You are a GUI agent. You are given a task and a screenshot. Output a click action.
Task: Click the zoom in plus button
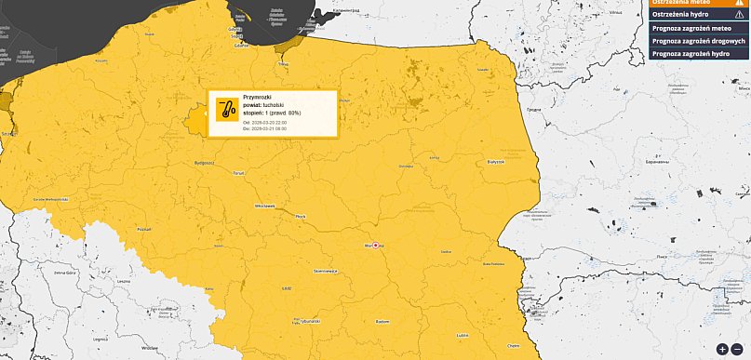point(722,349)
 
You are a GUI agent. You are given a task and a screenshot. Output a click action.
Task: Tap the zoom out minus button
point(737,349)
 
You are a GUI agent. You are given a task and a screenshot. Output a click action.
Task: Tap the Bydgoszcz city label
point(204,162)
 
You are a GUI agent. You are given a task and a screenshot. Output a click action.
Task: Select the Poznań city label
point(143,228)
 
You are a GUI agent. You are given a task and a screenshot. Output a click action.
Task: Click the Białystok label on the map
point(495,162)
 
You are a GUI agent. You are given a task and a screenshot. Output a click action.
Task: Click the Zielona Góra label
point(64,273)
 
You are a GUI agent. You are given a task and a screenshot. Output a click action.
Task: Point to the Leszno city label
point(124,280)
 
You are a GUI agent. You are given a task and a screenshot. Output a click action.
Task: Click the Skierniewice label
point(326,271)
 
